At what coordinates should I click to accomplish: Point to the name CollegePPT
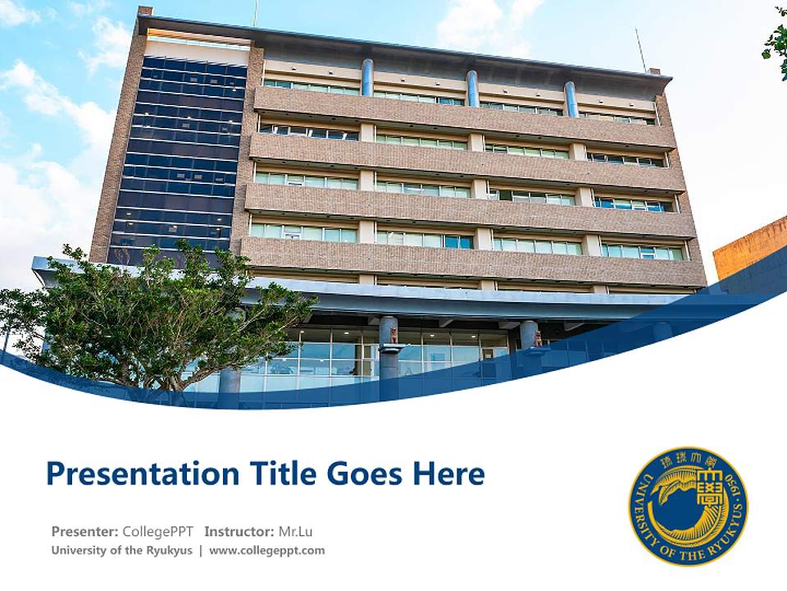tap(157, 531)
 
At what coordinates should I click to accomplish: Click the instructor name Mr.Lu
tap(295, 531)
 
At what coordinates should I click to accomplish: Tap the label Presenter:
tap(84, 531)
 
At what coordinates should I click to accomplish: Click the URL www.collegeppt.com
tap(267, 551)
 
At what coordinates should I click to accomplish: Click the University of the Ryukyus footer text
tap(121, 551)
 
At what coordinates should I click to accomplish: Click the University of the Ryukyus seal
tap(689, 506)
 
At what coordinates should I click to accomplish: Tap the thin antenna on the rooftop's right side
tap(640, 49)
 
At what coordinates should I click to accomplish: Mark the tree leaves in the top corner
tap(776, 41)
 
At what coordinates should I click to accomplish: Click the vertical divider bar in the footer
tap(200, 551)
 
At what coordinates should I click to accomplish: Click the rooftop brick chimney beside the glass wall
tap(144, 11)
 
